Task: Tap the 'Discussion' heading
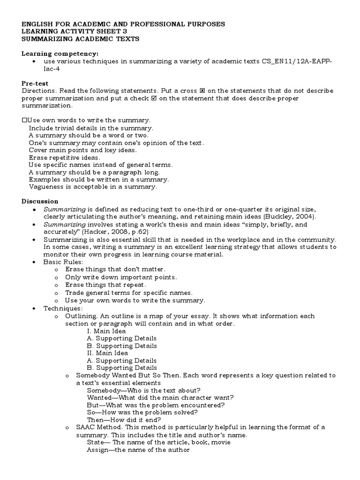click(x=40, y=201)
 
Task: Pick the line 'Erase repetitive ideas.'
click(x=64, y=157)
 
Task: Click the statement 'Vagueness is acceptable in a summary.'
click(x=92, y=187)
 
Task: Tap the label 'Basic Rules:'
click(x=63, y=262)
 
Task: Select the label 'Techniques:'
click(x=63, y=308)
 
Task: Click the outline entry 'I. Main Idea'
click(x=106, y=331)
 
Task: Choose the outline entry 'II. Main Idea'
click(x=107, y=353)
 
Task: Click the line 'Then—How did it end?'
click(x=124, y=420)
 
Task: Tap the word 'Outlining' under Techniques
click(x=80, y=316)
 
